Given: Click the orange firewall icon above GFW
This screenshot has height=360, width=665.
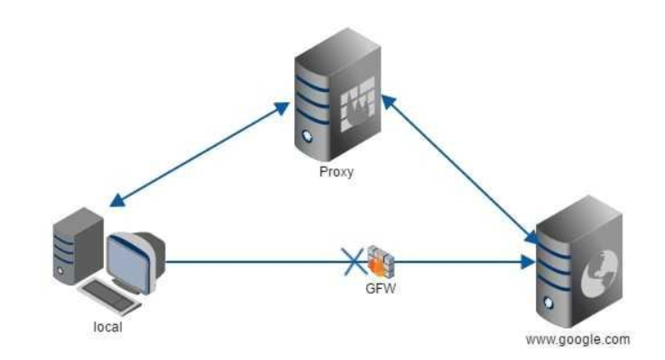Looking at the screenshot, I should [380, 261].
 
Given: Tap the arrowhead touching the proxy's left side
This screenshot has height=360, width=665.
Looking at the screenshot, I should [281, 107].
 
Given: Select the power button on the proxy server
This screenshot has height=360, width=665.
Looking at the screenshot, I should [307, 135].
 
